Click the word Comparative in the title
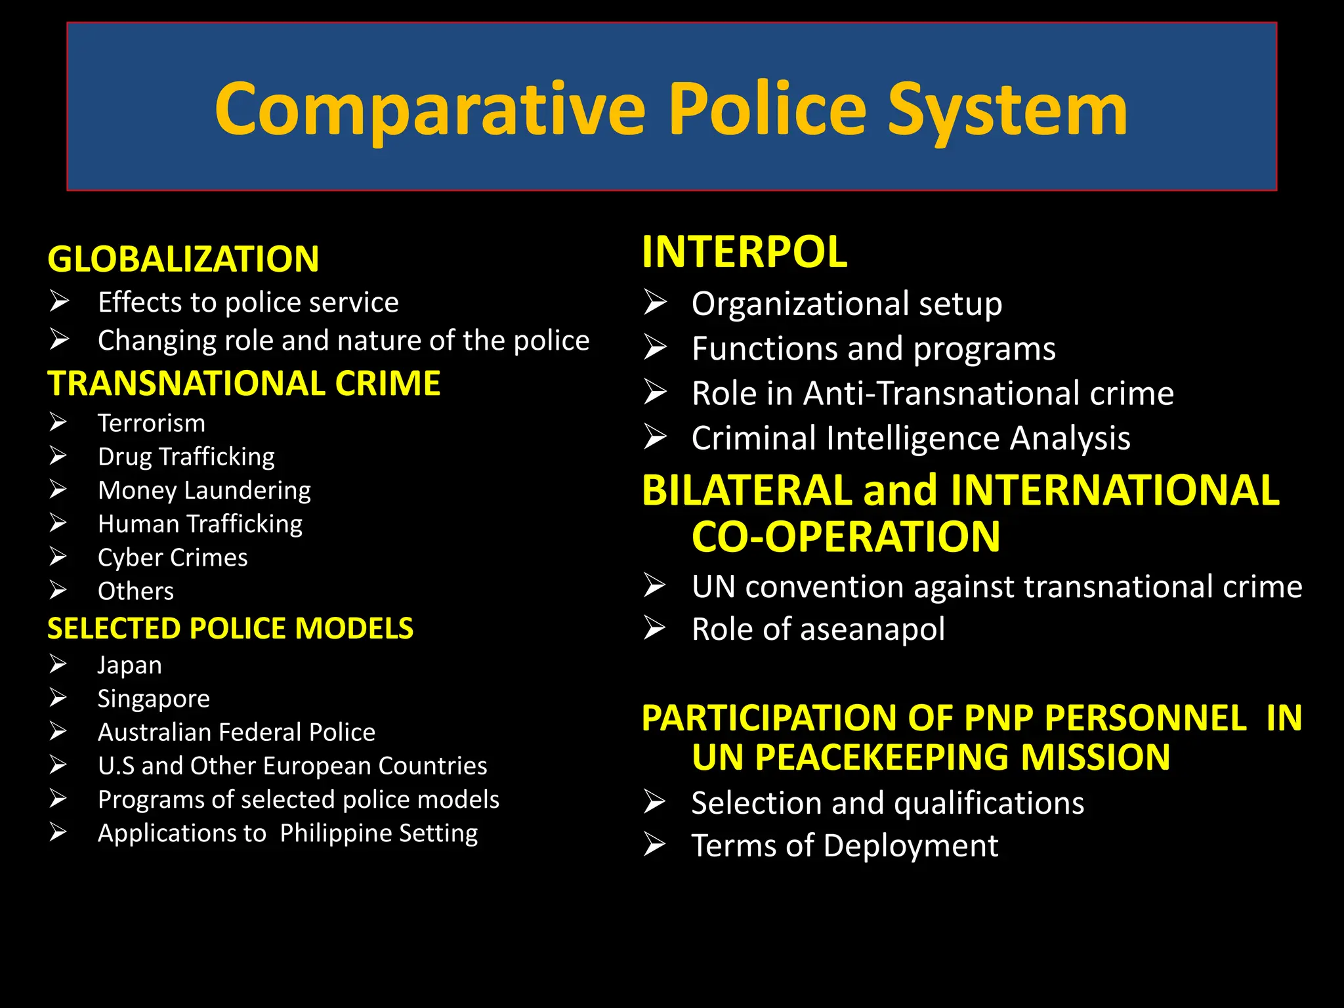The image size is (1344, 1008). point(430,110)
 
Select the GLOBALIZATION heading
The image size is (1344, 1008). point(183,259)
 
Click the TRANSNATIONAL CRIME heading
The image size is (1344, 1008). point(243,383)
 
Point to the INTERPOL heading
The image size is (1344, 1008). point(744,252)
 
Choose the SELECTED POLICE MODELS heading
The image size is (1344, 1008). point(230,629)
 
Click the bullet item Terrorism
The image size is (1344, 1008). point(151,423)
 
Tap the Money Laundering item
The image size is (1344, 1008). point(204,490)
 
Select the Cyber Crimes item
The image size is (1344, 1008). point(173,558)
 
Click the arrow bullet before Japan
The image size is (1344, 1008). point(58,664)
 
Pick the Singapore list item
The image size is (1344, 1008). point(154,698)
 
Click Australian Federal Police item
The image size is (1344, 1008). point(236,732)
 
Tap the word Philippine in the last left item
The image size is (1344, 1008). point(335,833)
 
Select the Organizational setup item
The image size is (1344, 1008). point(847,304)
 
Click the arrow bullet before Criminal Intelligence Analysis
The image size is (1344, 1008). point(655,437)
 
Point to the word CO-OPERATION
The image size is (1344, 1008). point(846,537)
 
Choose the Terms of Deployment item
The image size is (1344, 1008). point(845,845)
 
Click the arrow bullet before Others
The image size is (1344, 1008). point(58,591)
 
